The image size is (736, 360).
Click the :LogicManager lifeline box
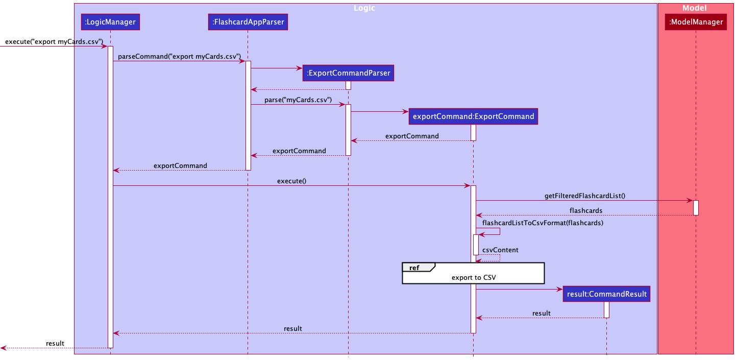(110, 22)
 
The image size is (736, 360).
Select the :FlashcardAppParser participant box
(248, 22)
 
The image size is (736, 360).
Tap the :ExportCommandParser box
(349, 74)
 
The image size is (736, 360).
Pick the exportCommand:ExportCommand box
(473, 116)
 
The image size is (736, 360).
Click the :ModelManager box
(696, 22)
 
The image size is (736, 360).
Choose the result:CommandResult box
(606, 294)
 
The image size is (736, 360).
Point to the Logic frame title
(365, 8)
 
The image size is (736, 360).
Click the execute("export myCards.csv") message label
(54, 41)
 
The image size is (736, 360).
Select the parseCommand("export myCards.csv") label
(179, 56)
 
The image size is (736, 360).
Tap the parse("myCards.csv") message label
(298, 100)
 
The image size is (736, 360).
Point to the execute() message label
(291, 181)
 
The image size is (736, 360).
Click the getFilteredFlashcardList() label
(585, 196)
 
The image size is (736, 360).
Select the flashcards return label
(585, 210)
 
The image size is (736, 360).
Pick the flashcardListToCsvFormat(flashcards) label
(543, 223)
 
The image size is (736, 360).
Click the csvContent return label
(500, 250)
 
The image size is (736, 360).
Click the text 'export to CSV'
(473, 278)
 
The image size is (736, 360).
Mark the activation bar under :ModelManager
(696, 207)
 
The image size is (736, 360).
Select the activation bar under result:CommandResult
(606, 309)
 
